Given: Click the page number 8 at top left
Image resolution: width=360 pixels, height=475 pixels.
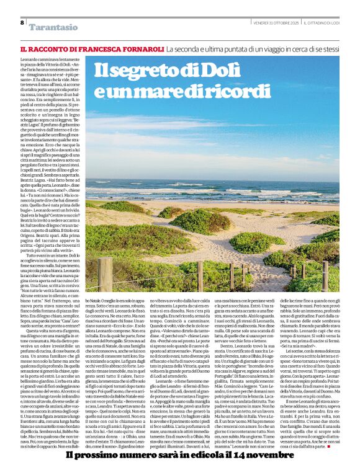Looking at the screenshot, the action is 22,23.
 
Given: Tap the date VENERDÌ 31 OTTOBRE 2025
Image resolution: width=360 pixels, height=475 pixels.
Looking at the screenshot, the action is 276,23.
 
